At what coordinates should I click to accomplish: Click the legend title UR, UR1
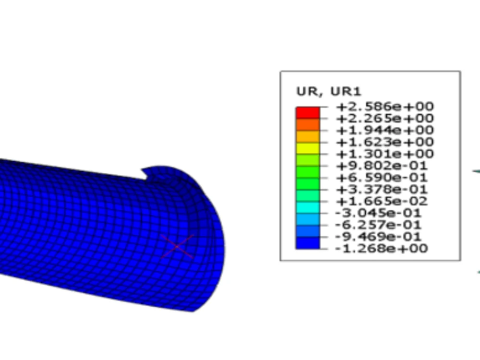point(329,91)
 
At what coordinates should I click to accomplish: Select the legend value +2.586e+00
point(385,107)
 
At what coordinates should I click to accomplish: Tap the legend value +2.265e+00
point(385,118)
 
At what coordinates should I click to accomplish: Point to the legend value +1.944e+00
point(385,130)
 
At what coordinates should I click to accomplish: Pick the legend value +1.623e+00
point(385,142)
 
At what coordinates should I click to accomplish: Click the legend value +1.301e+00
point(385,154)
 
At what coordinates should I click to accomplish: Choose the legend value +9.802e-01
point(382,166)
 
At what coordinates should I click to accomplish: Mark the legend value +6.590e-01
point(382,178)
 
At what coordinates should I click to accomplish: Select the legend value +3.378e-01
point(382,190)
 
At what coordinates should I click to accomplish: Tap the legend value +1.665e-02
point(382,201)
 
